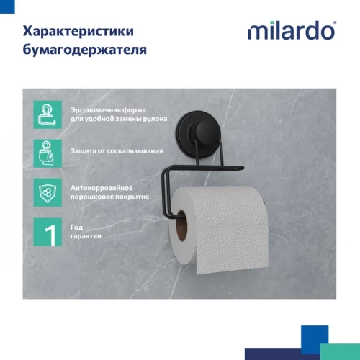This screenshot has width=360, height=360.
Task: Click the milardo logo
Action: click(x=292, y=31)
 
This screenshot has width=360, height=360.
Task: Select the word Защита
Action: click(x=82, y=152)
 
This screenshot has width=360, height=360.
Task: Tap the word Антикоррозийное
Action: click(x=95, y=186)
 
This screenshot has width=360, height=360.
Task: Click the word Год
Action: click(x=76, y=226)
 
